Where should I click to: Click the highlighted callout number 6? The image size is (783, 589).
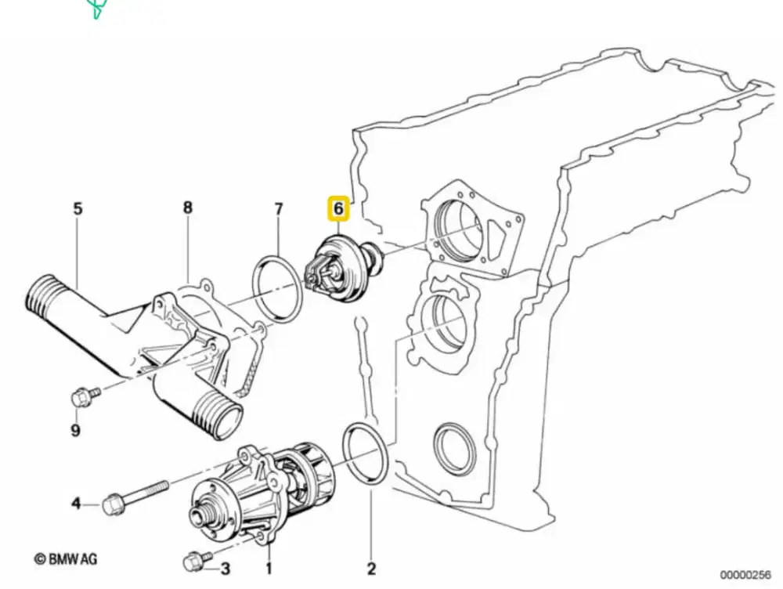click(x=338, y=208)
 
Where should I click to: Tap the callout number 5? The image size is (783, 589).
click(x=78, y=209)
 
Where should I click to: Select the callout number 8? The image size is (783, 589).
click(x=187, y=208)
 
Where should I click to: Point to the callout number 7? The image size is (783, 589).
click(x=278, y=209)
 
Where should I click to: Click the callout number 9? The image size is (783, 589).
click(x=76, y=430)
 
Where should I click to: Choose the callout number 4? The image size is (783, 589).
click(x=76, y=503)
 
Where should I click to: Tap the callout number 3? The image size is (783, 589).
click(x=225, y=568)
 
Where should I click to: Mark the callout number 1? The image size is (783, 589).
click(x=269, y=568)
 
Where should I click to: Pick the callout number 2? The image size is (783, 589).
click(x=372, y=568)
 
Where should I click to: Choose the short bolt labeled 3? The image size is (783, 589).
click(x=194, y=561)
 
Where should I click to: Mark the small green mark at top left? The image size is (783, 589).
click(x=96, y=9)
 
